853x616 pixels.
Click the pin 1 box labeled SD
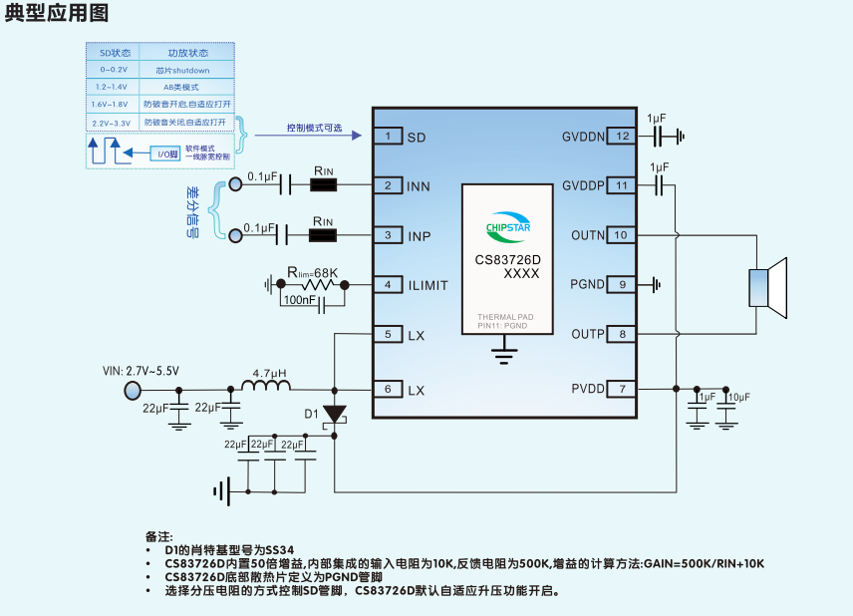pos(387,137)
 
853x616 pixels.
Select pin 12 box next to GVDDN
pos(622,137)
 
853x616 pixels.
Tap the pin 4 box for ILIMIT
pos(387,285)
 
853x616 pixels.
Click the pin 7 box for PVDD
pos(622,389)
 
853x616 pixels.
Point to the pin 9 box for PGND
pos(622,285)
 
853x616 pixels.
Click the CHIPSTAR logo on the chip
pos(506,224)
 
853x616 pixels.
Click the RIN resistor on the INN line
pos(323,184)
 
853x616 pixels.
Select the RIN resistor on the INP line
pos(323,235)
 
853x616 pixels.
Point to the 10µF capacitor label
pos(738,398)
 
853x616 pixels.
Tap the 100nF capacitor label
pos(300,299)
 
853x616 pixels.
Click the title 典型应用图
pos(57,14)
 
